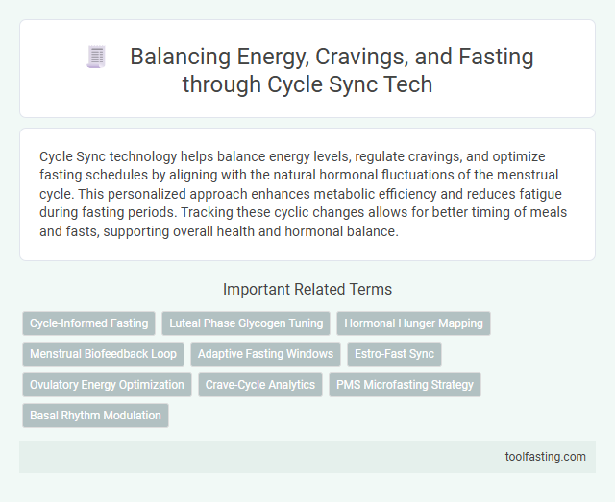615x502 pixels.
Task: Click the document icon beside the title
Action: point(95,58)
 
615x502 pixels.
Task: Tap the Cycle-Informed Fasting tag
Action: point(89,323)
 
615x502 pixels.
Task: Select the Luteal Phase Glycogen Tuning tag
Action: point(246,323)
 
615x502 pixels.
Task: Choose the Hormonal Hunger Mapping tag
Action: point(413,323)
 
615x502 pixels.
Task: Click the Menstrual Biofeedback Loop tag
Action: point(104,354)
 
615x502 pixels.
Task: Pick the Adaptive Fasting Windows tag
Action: point(265,354)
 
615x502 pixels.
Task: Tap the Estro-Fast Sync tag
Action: point(394,354)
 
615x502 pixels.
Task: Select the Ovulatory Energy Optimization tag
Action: point(107,385)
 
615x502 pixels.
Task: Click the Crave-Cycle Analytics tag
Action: point(260,385)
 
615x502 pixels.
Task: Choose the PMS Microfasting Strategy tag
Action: point(405,385)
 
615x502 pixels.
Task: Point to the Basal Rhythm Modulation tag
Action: point(95,416)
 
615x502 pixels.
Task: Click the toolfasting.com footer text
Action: point(545,456)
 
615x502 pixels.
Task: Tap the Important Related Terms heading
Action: point(307,289)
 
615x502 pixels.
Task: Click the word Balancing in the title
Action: point(176,58)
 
